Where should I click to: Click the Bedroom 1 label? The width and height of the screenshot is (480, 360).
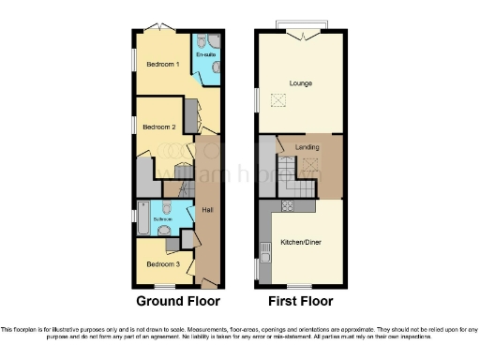coord(163,64)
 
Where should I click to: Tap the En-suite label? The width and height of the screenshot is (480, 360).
coord(204,56)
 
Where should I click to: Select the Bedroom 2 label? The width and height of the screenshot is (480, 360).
coord(159,126)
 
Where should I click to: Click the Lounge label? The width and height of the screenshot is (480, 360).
coord(301,84)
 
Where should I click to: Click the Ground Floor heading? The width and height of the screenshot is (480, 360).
coord(178,302)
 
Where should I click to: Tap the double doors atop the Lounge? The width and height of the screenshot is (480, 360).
coord(302,35)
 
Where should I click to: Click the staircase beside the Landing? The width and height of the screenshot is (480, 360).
coord(266,156)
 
